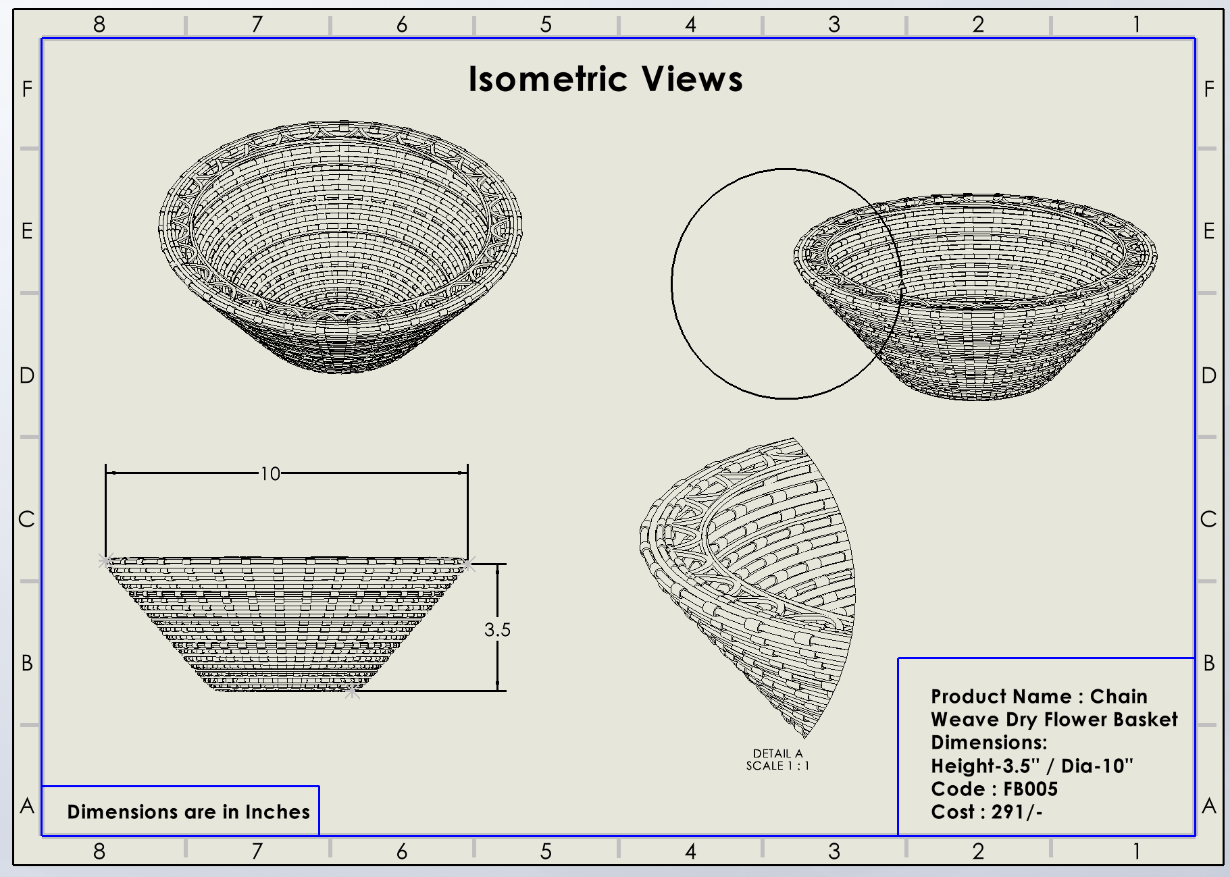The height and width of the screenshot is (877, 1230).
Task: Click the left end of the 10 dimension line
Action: (x=106, y=473)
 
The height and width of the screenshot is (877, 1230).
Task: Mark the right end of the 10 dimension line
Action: (x=467, y=473)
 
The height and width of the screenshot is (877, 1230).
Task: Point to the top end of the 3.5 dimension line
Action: (x=498, y=564)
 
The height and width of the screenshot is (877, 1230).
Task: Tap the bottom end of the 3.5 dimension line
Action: (x=498, y=691)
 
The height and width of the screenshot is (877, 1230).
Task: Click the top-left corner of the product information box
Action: (x=898, y=658)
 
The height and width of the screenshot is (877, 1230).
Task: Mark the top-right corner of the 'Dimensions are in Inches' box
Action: (x=318, y=787)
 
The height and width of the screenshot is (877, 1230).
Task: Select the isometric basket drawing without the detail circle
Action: (x=340, y=247)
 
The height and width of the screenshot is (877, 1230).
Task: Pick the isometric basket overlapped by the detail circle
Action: (x=975, y=297)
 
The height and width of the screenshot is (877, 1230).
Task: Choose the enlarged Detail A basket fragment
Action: (x=748, y=587)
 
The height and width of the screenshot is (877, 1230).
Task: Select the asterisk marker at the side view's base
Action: (x=352, y=691)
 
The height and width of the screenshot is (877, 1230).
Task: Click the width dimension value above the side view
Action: (x=270, y=474)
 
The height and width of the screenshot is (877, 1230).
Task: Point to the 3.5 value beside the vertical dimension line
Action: (x=497, y=630)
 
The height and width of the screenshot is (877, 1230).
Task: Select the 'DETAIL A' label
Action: (x=778, y=753)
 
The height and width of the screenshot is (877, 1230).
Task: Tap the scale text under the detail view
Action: (x=777, y=766)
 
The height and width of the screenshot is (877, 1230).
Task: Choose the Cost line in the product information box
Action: (x=987, y=812)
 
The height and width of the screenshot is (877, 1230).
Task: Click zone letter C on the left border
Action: (x=26, y=519)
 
